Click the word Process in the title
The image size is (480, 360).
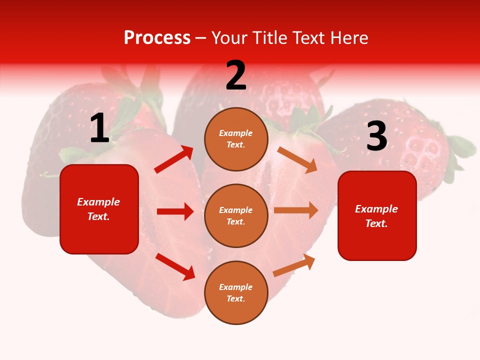click(x=157, y=37)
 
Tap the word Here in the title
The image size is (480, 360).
click(x=348, y=37)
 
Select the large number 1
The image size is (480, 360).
click(x=99, y=128)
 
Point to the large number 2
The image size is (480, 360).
click(x=236, y=75)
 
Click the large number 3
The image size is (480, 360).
click(x=376, y=136)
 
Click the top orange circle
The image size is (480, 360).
click(x=236, y=139)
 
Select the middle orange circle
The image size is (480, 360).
click(x=236, y=215)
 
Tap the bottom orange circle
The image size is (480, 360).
click(x=236, y=292)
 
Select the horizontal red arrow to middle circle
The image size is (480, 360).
click(x=175, y=211)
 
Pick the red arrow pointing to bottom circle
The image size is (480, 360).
click(x=175, y=266)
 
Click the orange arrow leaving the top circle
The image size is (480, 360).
click(x=297, y=159)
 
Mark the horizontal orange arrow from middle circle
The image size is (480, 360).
click(x=296, y=210)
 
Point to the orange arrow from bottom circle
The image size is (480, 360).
click(x=294, y=265)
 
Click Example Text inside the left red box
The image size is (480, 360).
click(x=98, y=209)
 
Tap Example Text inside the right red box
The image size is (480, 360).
click(x=376, y=216)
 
